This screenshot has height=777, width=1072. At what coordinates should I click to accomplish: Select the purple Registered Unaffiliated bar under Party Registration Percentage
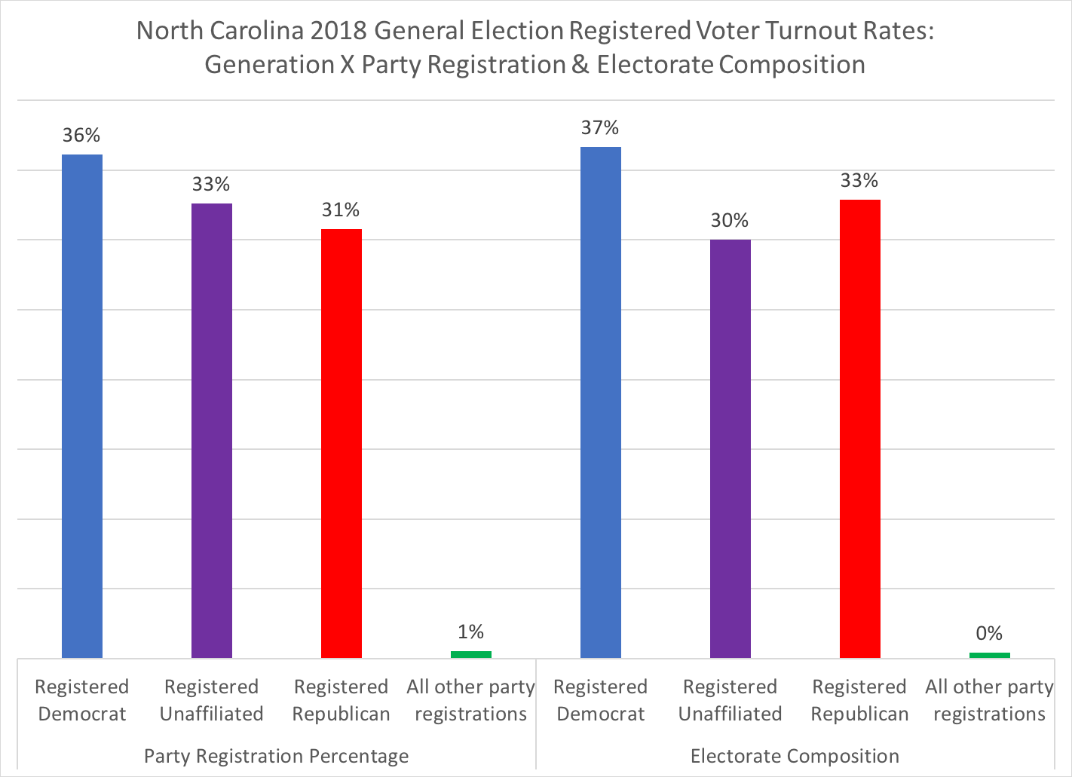click(x=211, y=430)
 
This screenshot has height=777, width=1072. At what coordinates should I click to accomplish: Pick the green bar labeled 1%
click(x=470, y=654)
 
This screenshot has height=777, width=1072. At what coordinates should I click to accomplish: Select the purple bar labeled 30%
click(x=730, y=448)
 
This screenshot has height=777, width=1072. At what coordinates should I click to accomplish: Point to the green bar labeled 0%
click(x=989, y=655)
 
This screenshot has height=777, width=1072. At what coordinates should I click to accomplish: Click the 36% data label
click(x=81, y=136)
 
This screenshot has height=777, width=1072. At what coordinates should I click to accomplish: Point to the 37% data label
click(x=600, y=128)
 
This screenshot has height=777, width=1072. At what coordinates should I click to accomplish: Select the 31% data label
click(x=341, y=210)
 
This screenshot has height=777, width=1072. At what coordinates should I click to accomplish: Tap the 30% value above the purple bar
click(x=730, y=221)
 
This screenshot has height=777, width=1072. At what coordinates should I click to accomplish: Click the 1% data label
click(x=470, y=632)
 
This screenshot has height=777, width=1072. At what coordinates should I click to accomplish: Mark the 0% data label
click(x=989, y=634)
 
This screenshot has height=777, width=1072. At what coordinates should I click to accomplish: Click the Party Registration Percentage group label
click(x=276, y=756)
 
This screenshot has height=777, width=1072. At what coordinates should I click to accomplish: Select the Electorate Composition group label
click(x=795, y=756)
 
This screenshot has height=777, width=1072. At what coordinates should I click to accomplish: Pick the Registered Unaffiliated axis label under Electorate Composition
click(x=730, y=700)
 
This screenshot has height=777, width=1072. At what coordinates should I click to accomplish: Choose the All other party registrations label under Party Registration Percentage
click(x=470, y=700)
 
